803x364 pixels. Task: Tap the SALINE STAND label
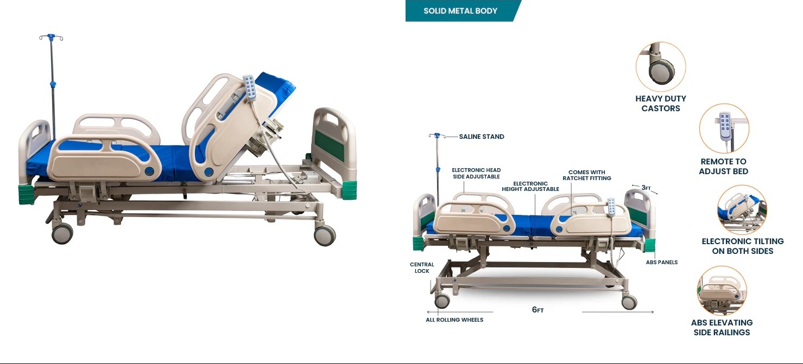point(482,137)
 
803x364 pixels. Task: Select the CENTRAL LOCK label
point(422,267)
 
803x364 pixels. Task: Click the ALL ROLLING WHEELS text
point(454,320)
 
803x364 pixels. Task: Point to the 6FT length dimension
point(538,310)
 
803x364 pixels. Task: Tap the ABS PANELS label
point(662,262)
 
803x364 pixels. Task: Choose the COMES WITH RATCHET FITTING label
point(587,175)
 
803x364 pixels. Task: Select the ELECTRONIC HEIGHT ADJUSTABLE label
point(530,186)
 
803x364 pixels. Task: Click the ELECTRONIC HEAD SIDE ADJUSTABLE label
point(476,174)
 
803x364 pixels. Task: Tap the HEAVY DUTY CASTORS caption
point(661,104)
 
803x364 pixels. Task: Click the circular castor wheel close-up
point(661,67)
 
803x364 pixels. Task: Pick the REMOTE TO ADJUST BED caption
point(723,166)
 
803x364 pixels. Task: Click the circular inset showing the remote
point(724,128)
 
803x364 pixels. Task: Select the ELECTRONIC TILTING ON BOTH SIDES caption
point(742,246)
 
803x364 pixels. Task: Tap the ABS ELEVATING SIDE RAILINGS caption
point(722,328)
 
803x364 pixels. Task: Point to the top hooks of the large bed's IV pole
point(51,37)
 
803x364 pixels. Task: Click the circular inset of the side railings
point(722,291)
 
